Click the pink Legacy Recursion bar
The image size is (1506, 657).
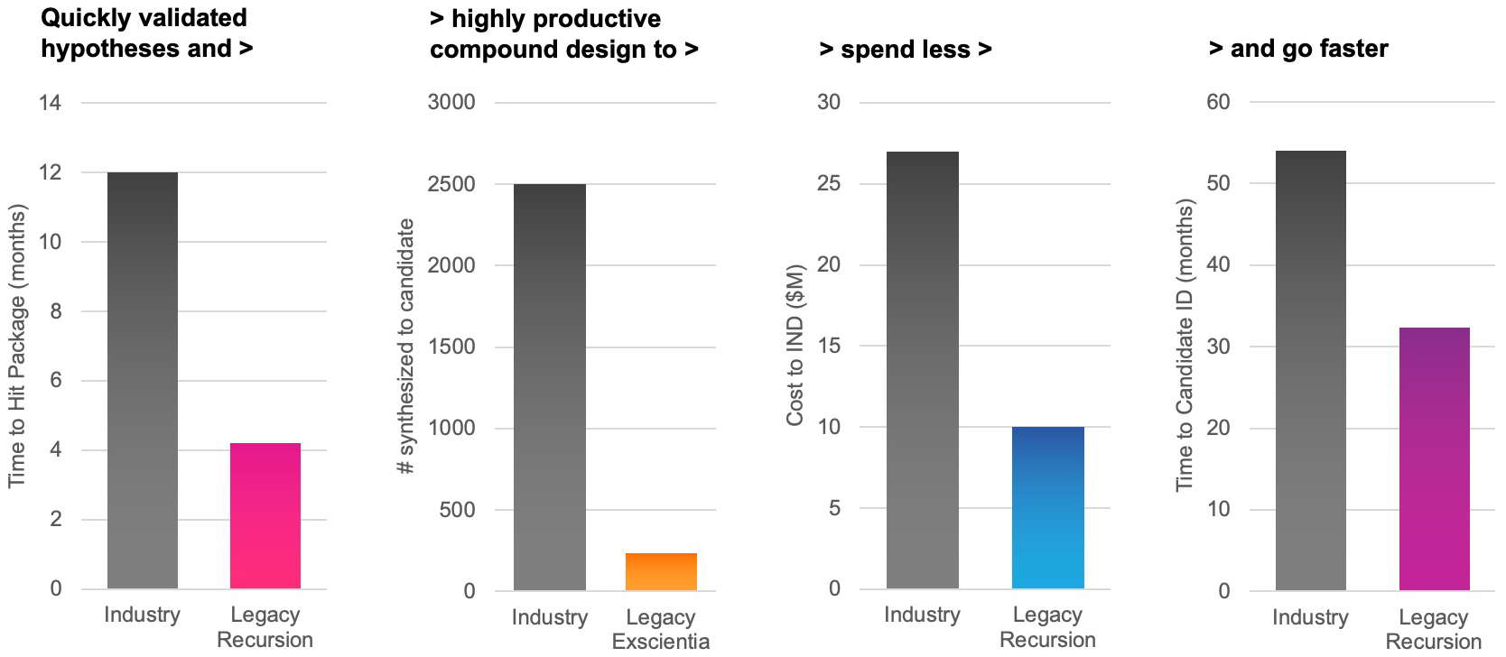click(265, 515)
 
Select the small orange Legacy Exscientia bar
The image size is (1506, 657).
click(661, 572)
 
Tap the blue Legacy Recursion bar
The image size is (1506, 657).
click(1047, 507)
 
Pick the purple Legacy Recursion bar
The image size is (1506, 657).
click(1434, 458)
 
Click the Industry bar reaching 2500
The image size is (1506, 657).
click(549, 387)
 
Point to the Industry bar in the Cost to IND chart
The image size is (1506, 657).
click(922, 370)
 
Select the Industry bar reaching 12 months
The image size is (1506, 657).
click(143, 380)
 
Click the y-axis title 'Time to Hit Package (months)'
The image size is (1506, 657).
click(17, 346)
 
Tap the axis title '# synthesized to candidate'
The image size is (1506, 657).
click(406, 346)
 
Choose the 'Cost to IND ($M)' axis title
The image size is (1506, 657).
click(795, 346)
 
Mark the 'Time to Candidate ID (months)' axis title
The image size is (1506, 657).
click(1185, 346)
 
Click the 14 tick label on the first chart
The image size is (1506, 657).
click(50, 103)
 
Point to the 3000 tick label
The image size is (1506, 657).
click(451, 102)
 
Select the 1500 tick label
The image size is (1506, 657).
click(451, 347)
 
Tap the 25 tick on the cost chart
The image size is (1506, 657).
click(828, 183)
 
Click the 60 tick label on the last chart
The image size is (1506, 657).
click(1218, 102)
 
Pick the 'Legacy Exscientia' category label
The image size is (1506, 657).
click(661, 629)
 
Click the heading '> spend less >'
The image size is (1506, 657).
click(905, 49)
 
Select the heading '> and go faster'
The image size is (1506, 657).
click(1297, 49)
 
